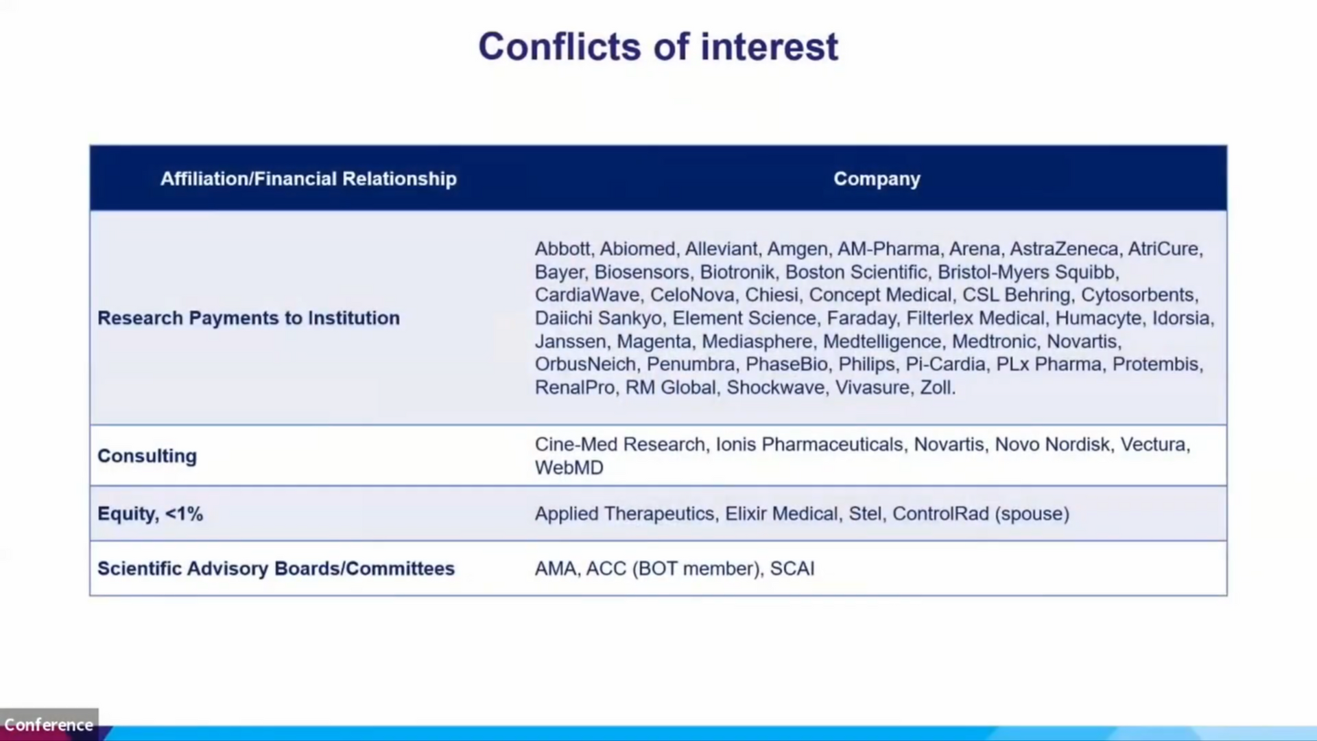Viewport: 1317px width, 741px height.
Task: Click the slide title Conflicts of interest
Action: [658, 47]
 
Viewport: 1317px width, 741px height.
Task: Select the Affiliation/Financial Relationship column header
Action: [309, 178]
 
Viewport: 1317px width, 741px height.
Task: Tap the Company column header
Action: [877, 179]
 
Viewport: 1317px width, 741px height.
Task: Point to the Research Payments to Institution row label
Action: [248, 318]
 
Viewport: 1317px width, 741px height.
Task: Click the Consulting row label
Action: [147, 456]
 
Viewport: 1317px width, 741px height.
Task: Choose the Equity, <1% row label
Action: [150, 514]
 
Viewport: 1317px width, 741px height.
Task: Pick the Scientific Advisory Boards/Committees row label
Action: [276, 569]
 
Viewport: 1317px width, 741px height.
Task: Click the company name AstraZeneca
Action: [1063, 248]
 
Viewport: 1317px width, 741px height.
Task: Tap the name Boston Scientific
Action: [856, 272]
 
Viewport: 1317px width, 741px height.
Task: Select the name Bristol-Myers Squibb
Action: [1026, 272]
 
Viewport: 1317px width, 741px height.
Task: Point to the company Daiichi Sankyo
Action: [598, 318]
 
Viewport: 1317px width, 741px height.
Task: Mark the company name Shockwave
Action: [776, 388]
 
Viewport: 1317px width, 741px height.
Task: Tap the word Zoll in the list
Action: [936, 388]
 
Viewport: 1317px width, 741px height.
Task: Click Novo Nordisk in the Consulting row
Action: [1052, 445]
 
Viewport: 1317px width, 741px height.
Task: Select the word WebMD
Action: [569, 468]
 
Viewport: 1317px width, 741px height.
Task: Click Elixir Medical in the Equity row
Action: [781, 514]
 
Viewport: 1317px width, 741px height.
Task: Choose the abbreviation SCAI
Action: [792, 569]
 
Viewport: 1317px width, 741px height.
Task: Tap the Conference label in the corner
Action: [49, 725]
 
